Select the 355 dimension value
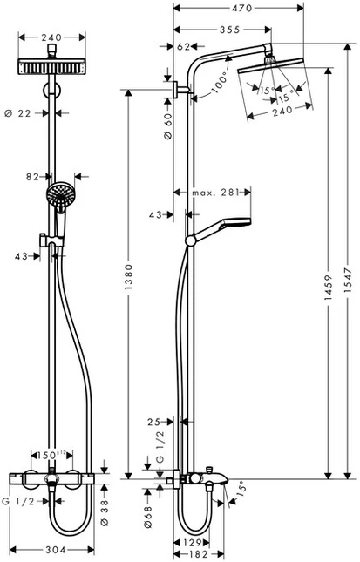(x=230, y=30)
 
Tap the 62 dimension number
(x=184, y=45)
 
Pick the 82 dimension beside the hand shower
(x=32, y=176)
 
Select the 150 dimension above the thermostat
(x=50, y=454)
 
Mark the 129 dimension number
(x=196, y=543)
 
